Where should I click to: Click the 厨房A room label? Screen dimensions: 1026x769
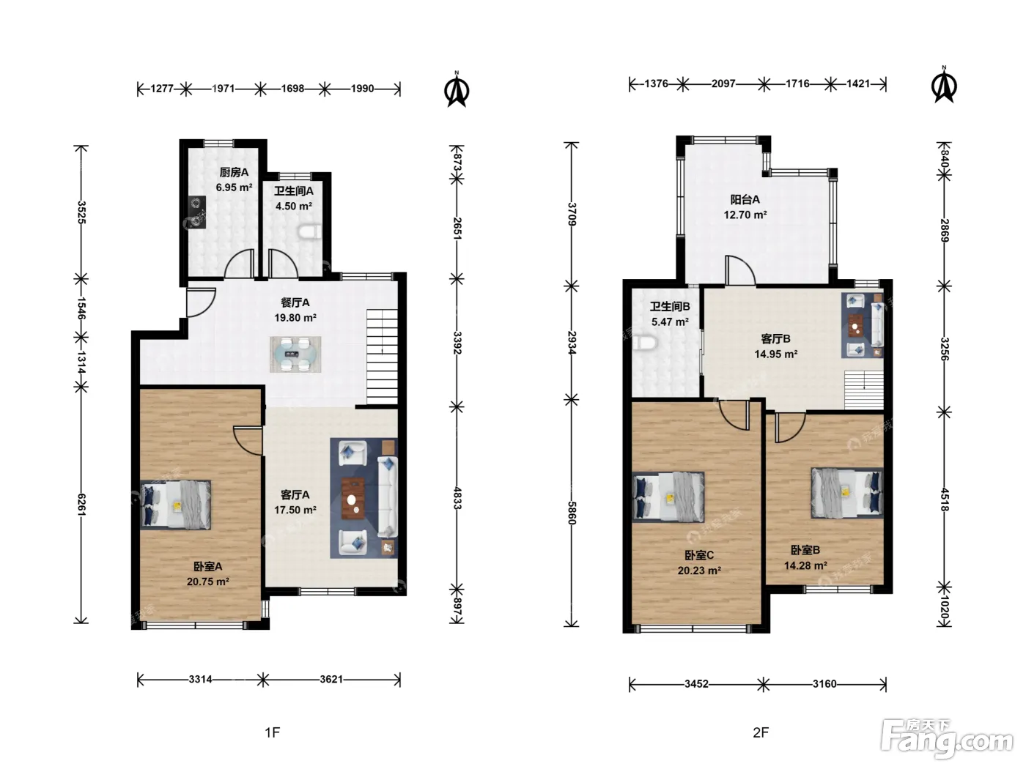click(234, 172)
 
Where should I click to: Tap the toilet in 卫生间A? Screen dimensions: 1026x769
click(310, 232)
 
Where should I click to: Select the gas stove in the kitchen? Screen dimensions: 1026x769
click(197, 212)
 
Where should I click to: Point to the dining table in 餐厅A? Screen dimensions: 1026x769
click(295, 354)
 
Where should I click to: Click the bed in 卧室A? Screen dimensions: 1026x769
click(176, 505)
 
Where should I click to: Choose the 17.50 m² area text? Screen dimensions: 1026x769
click(295, 510)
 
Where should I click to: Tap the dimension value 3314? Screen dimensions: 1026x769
click(200, 680)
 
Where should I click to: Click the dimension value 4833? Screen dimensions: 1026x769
click(457, 498)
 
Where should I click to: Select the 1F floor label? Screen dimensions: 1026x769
click(272, 732)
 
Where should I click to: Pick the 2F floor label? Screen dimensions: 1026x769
click(761, 732)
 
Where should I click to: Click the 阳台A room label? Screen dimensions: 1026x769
click(745, 200)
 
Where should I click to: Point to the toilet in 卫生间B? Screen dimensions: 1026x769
click(645, 343)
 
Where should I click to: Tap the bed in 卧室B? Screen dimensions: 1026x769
click(847, 494)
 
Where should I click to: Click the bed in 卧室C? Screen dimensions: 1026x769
click(668, 497)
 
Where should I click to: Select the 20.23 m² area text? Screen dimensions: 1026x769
click(699, 571)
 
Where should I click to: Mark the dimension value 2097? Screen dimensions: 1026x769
click(723, 84)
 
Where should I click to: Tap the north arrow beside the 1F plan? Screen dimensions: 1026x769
click(457, 89)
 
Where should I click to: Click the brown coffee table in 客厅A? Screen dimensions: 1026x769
click(353, 498)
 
